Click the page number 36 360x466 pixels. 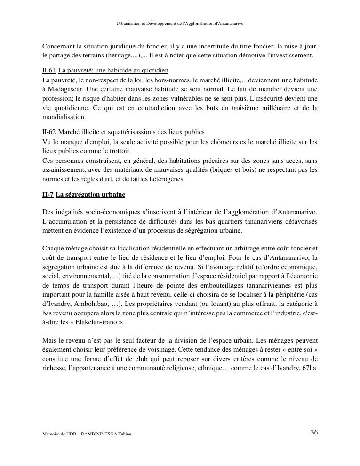(314, 433)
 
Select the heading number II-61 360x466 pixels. (48, 71)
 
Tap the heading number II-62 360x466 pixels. (48, 132)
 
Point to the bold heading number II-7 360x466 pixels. (48, 194)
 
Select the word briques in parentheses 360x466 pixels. (221, 169)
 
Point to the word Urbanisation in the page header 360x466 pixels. (128, 24)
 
